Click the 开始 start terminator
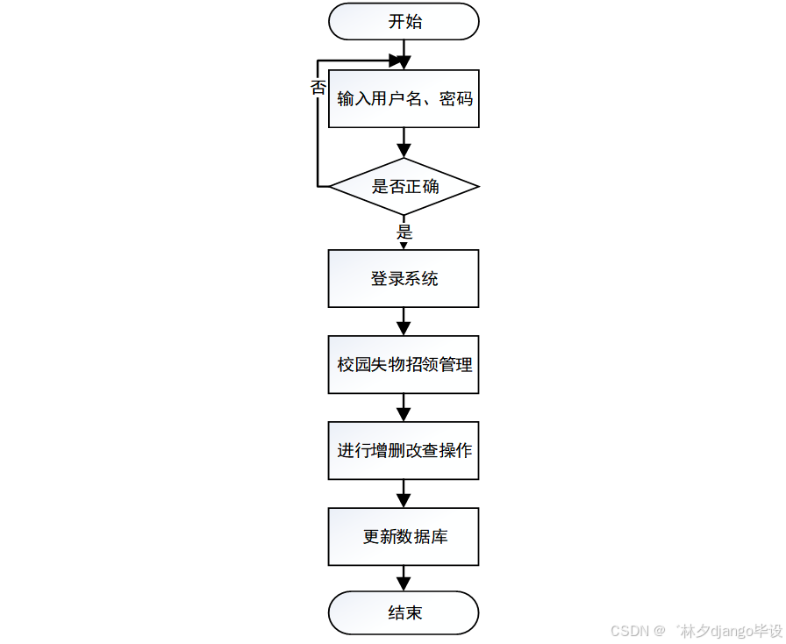click(x=404, y=22)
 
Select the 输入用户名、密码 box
click(x=404, y=99)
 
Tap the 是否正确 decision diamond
click(x=404, y=187)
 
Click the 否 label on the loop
click(x=318, y=87)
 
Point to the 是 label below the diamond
click(x=404, y=233)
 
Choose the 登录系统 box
click(x=404, y=279)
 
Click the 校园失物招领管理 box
click(x=404, y=364)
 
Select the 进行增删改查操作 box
click(x=404, y=451)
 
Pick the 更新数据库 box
click(x=404, y=537)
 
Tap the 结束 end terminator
click(x=404, y=612)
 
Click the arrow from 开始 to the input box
click(x=404, y=54)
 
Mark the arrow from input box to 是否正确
click(x=404, y=143)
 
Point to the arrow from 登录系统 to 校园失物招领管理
click(x=404, y=321)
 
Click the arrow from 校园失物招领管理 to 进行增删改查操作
click(x=404, y=407)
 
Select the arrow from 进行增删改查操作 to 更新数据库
click(x=404, y=493)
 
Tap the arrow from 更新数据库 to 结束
click(x=404, y=578)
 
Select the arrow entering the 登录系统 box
click(x=404, y=245)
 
